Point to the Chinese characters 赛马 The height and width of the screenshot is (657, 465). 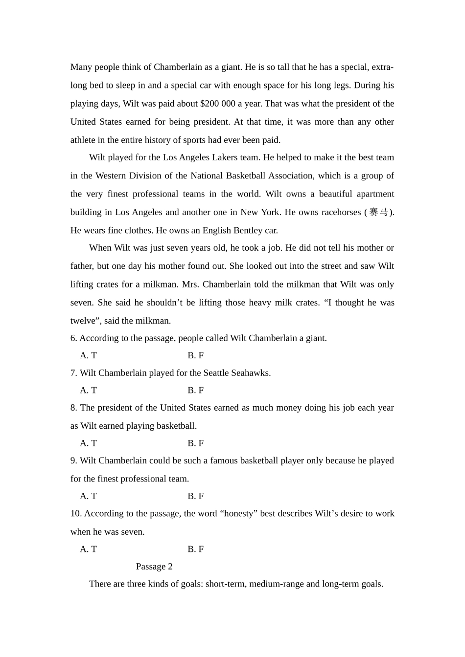[379, 212]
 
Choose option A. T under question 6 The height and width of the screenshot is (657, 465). [88, 355]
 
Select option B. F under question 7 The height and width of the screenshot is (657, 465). [195, 390]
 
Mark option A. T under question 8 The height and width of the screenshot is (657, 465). [88, 443]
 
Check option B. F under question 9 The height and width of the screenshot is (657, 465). [195, 496]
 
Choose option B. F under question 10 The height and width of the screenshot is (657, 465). [195, 549]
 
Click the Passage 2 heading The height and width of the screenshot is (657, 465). [154, 567]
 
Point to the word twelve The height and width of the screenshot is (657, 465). [83, 321]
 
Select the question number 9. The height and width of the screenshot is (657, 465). [73, 460]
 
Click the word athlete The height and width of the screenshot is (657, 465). [83, 140]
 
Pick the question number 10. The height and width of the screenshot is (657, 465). [76, 514]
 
